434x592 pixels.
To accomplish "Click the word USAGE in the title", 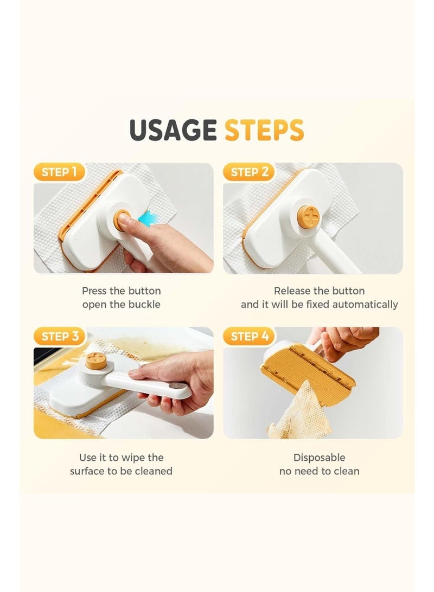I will tap(173, 130).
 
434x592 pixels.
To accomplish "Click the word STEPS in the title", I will tap(264, 130).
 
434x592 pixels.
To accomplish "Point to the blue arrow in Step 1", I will tap(145, 218).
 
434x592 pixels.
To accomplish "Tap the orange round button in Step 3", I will tap(95, 362).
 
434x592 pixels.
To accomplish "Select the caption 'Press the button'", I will tap(121, 291).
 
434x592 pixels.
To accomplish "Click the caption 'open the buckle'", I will tap(121, 305).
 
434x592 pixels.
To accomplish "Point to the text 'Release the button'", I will tap(319, 291).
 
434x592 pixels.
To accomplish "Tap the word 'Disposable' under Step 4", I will tap(319, 458).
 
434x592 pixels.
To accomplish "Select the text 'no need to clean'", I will tap(319, 471).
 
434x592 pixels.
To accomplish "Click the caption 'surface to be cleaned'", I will tap(121, 471).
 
